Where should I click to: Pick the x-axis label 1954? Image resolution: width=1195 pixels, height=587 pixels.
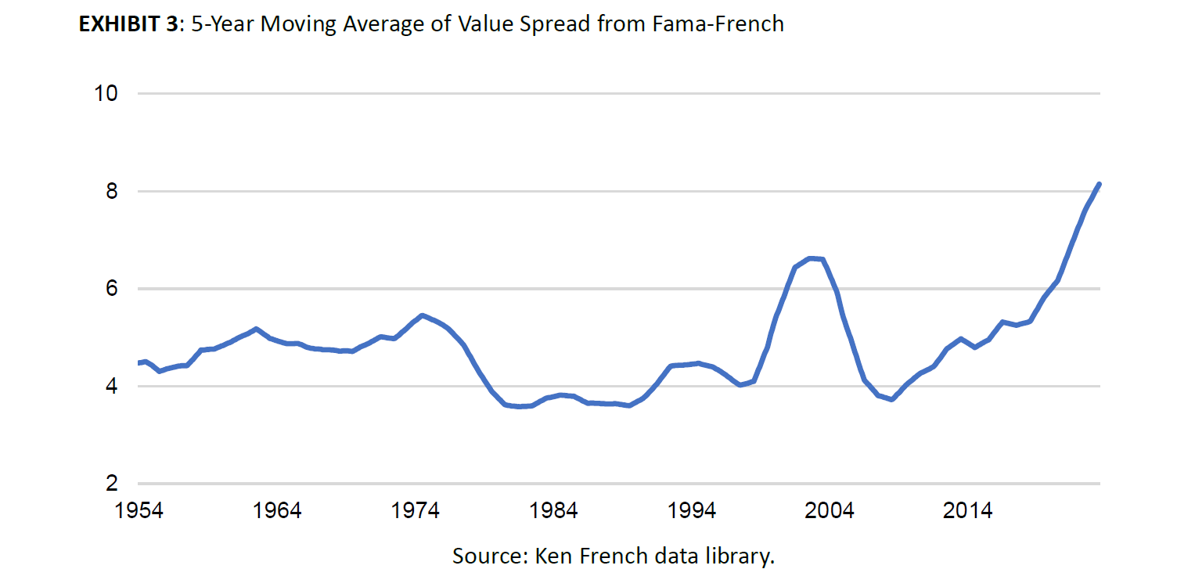139,511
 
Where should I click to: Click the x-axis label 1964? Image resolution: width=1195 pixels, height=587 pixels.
277,511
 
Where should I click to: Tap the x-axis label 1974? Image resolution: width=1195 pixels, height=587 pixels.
416,511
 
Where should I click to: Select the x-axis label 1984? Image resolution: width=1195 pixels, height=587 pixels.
553,511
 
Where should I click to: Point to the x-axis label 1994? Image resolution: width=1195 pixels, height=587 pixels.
692,511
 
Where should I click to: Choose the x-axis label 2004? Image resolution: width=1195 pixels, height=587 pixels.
830,511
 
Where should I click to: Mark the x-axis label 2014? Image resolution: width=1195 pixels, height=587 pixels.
968,511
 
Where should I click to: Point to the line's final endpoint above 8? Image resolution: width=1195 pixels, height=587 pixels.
1099,185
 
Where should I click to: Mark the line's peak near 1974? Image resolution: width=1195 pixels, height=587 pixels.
422,315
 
